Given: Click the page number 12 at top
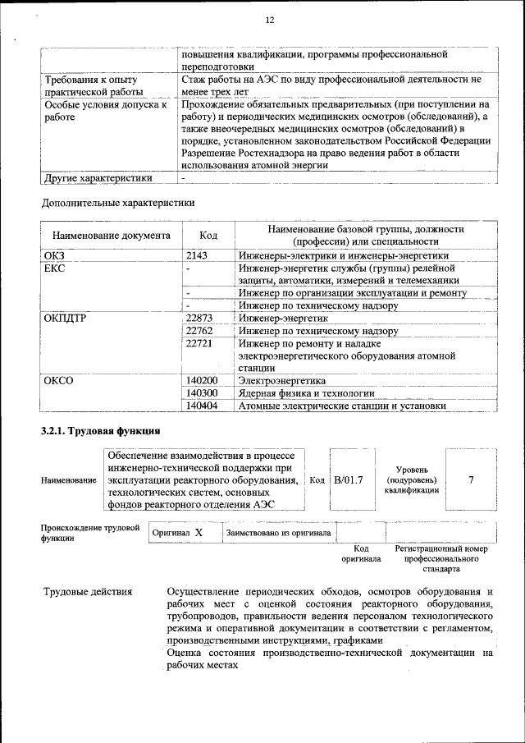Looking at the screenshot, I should coord(268,20).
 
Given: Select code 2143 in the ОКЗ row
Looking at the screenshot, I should coord(197,255).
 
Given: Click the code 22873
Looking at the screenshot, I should coord(199,318).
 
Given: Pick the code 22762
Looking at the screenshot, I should coord(199,331).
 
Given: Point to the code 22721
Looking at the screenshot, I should coord(199,344).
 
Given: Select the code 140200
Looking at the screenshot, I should coord(202,381).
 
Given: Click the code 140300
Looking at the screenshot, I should coord(202,393).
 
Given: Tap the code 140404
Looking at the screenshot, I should coord(202,406).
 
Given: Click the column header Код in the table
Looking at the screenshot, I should coord(208,236).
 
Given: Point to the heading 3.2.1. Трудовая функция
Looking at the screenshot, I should coord(100,431).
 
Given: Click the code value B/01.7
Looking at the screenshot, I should coord(348,479).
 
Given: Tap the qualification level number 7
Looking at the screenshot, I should coord(471,479).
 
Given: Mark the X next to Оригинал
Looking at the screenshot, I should coord(199,533).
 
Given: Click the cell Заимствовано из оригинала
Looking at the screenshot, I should coord(278,533).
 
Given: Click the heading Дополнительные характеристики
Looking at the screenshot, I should coord(118,202).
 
